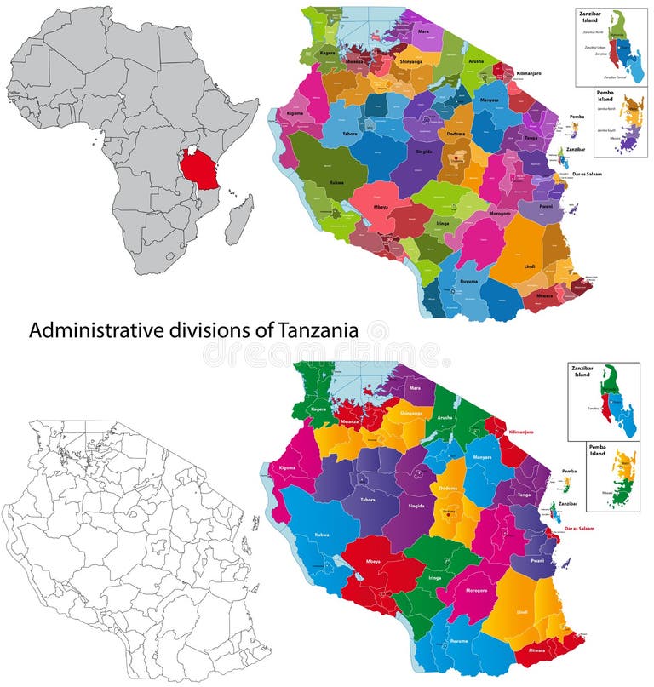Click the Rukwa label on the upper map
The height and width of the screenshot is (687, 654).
click(336, 181)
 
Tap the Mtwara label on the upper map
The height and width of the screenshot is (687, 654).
click(544, 295)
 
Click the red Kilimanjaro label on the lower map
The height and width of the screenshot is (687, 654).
click(525, 432)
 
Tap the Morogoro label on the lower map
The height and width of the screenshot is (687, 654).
click(478, 590)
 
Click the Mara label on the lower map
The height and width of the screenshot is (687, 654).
click(416, 387)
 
